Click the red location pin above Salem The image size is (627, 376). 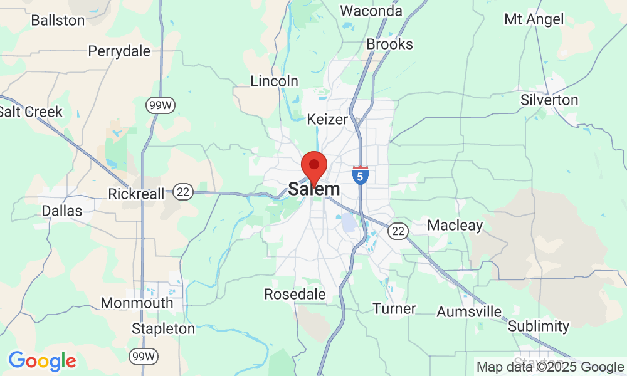[314, 167]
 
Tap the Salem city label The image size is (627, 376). [314, 189]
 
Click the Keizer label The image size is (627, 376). [327, 118]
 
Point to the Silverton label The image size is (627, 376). [549, 100]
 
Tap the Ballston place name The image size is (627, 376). [58, 20]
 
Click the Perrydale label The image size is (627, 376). [119, 51]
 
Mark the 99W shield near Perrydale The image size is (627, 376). [160, 105]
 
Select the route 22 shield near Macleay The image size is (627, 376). [398, 231]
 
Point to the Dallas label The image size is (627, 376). [62, 211]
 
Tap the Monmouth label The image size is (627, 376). [137, 303]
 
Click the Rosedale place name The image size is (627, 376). [295, 294]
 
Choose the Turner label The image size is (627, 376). [394, 308]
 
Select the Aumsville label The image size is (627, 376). [469, 311]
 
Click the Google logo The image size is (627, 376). [42, 361]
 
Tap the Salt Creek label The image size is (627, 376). [31, 112]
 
